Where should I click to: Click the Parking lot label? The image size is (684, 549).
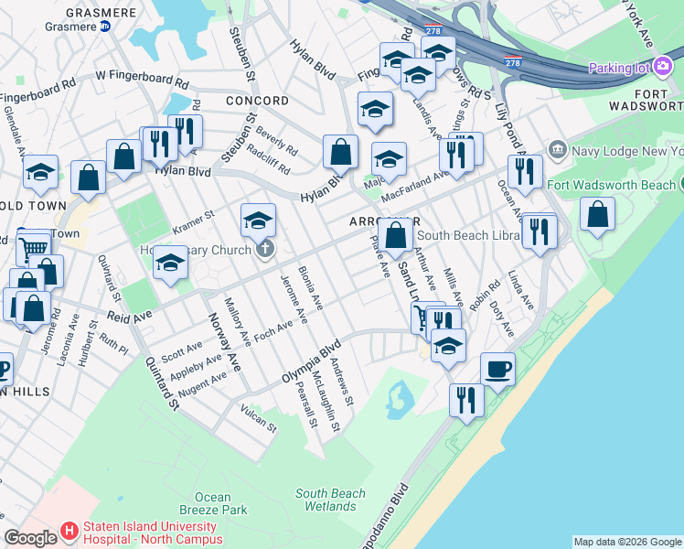[618, 68]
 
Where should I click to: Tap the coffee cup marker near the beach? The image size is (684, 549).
[497, 370]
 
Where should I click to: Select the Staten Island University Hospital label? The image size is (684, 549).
[151, 533]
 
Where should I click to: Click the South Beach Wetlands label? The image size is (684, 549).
[331, 500]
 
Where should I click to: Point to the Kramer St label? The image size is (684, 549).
[193, 221]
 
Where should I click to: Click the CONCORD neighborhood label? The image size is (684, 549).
[257, 101]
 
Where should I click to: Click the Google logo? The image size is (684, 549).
[31, 538]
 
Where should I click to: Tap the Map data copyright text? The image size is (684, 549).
[626, 542]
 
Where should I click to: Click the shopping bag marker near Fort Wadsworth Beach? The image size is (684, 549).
[597, 215]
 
